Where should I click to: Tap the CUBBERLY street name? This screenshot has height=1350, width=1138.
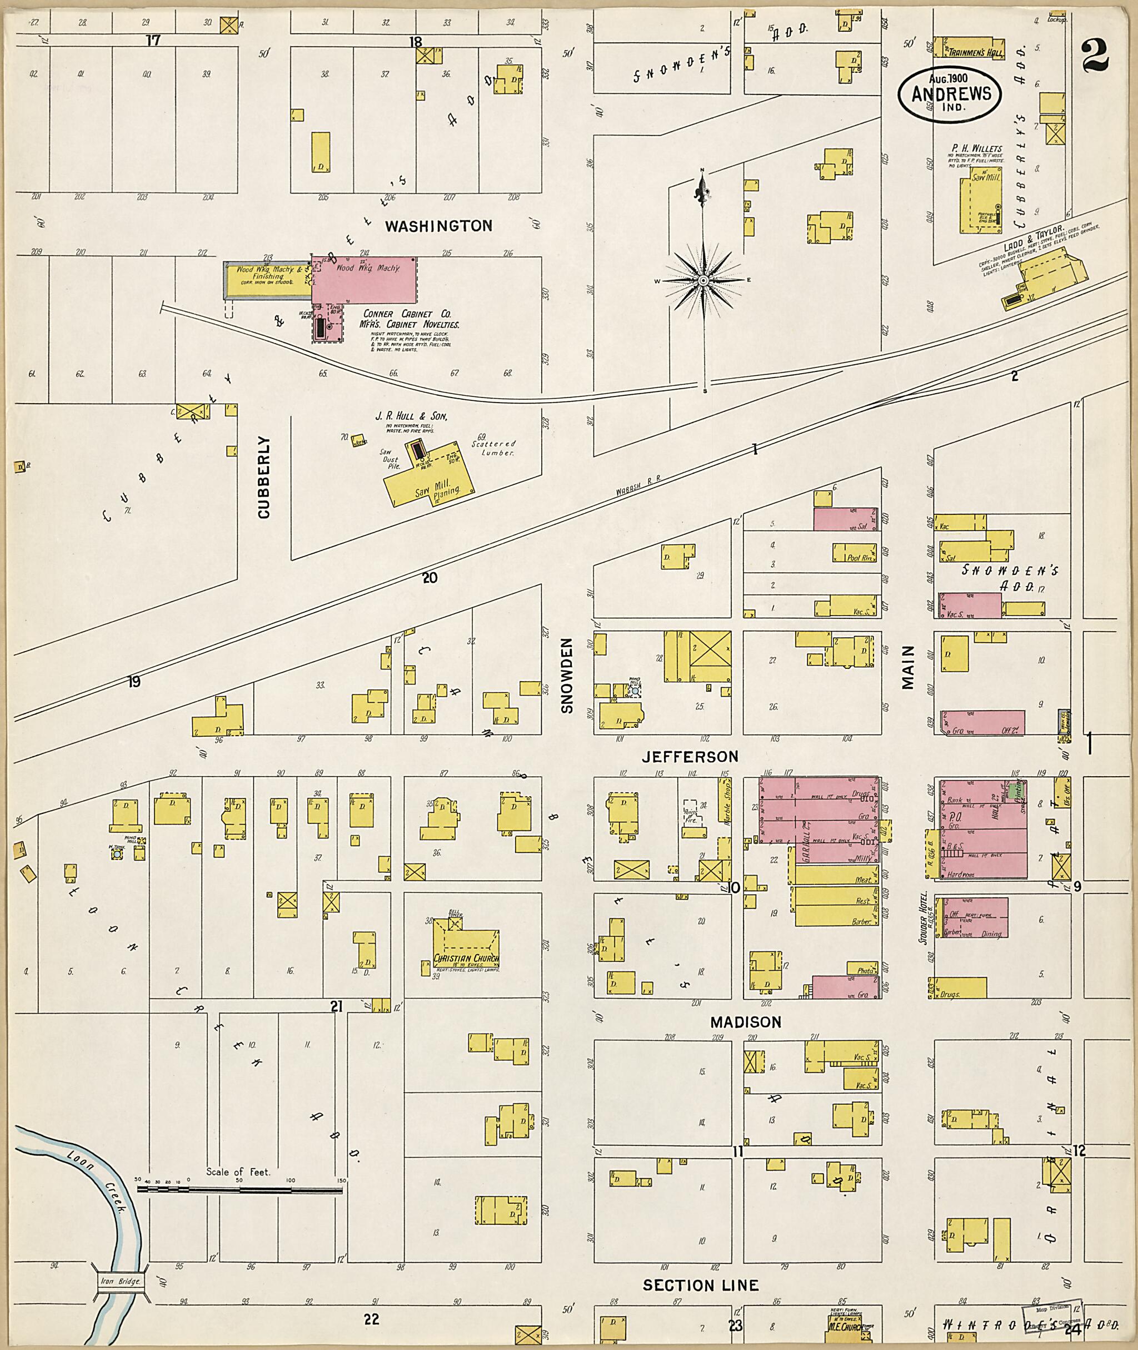263,477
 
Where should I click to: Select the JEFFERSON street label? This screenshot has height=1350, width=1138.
690,756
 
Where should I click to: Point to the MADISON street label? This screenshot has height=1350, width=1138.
746,1022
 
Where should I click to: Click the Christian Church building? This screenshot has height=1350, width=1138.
466,950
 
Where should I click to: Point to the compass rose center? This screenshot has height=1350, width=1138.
703,281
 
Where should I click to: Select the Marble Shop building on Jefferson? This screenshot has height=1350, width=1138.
725,806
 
